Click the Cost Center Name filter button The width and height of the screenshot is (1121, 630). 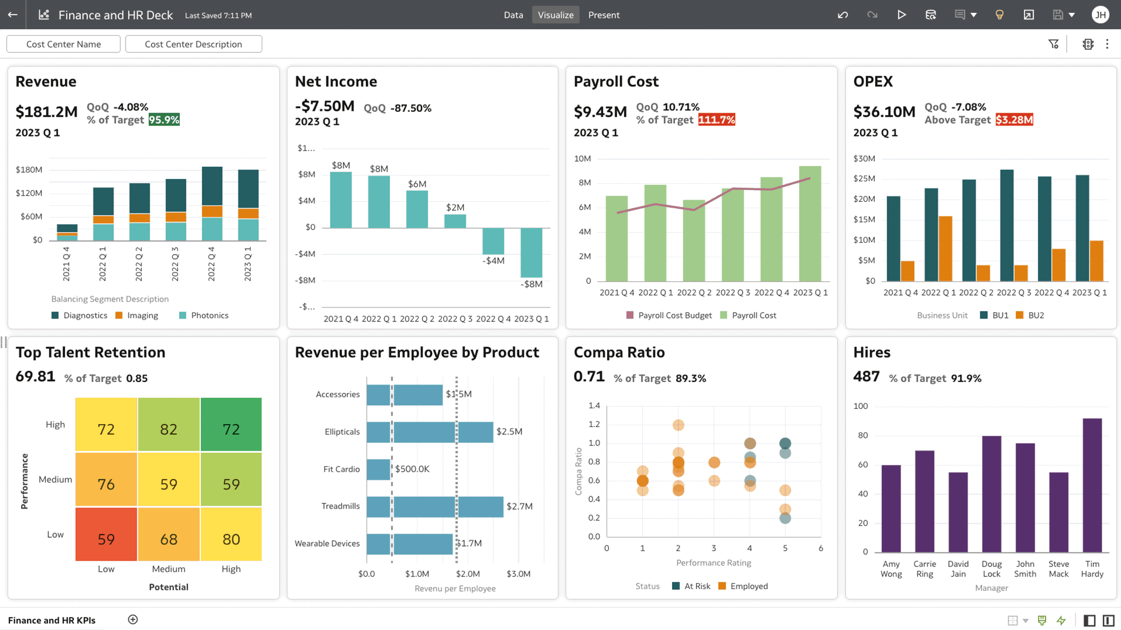(x=63, y=44)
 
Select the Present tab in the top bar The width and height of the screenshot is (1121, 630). (x=604, y=15)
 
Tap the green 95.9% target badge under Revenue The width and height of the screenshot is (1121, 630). (x=164, y=120)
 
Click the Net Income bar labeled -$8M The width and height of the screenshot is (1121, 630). (x=531, y=253)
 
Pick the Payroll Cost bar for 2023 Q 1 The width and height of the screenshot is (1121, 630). (x=810, y=224)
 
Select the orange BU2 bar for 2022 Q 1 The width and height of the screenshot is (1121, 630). (x=945, y=249)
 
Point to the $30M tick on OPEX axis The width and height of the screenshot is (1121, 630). (x=864, y=159)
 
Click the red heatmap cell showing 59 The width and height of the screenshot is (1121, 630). (x=106, y=534)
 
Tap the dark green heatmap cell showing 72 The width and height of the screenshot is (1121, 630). (x=231, y=425)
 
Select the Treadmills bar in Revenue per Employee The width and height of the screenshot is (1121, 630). (x=435, y=507)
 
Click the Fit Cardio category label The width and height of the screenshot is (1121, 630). (x=342, y=470)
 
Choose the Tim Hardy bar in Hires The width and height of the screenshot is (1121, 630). (x=1092, y=485)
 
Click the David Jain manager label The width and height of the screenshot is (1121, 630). (x=958, y=569)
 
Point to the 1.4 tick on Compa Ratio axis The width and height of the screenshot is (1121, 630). (x=594, y=406)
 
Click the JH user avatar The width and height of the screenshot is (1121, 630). (x=1101, y=15)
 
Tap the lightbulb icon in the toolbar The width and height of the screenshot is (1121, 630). (x=1000, y=15)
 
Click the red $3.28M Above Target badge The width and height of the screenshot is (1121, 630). (x=1014, y=120)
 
